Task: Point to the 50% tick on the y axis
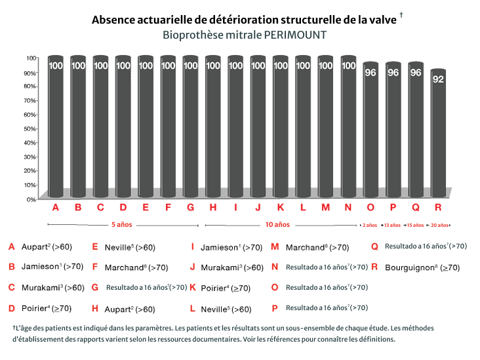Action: click(31, 128)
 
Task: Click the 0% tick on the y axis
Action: click(31, 199)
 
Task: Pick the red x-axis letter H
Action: click(213, 208)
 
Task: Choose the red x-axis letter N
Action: click(348, 208)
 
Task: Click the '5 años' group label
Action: click(122, 224)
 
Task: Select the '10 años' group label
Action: click(277, 224)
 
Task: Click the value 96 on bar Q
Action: click(415, 73)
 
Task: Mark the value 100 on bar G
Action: click(190, 66)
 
